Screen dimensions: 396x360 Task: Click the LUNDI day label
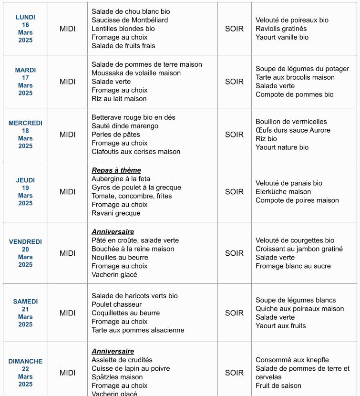point(25,17)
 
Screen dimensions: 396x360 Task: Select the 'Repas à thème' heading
point(116,170)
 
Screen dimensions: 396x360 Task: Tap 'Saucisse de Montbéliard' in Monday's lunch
point(123,20)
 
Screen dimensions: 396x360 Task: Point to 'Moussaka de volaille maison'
point(136,73)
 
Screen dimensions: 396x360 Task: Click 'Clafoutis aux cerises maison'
point(136,152)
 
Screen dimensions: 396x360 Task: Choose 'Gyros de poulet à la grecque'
point(136,188)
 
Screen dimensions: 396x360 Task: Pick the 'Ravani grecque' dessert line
point(116,213)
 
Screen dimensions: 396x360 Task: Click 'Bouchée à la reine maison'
point(133,249)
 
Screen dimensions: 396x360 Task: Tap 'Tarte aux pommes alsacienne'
point(138,330)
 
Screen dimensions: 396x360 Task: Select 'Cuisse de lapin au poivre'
point(131,368)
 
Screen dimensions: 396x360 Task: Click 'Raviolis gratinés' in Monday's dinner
point(281,29)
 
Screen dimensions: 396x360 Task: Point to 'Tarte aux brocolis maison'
point(295,77)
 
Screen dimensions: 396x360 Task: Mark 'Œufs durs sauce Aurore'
point(293,130)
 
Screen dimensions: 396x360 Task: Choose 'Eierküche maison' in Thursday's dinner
point(283,192)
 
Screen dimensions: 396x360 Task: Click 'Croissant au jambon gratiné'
point(299,249)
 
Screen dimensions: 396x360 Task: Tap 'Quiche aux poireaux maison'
point(299,309)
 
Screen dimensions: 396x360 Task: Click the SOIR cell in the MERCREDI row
point(234,135)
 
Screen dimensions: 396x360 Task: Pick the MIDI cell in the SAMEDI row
point(67,313)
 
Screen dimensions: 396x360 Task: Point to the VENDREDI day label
point(25,242)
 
